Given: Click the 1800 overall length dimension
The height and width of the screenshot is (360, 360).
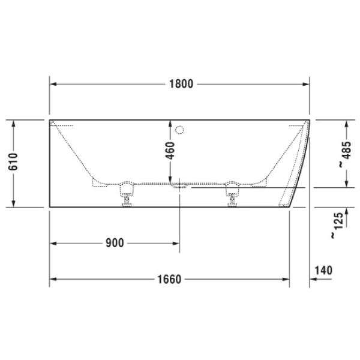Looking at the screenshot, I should (x=181, y=84).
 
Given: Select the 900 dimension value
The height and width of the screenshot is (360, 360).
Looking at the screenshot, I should (x=114, y=243).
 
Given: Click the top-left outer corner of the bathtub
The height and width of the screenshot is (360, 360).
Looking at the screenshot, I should (x=49, y=120).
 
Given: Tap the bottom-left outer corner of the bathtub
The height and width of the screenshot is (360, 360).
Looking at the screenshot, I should (x=49, y=207).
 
